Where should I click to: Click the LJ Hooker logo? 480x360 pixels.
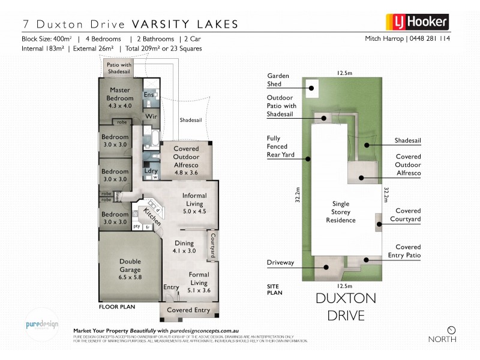pos(420,23)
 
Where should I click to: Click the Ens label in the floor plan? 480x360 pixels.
pos(149,95)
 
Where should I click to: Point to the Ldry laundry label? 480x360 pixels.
pos(151,170)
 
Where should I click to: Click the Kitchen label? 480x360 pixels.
pos(152,216)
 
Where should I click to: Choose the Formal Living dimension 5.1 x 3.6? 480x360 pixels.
pos(190,290)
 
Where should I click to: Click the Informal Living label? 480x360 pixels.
pos(194,199)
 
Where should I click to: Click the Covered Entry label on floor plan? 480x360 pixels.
pos(188,310)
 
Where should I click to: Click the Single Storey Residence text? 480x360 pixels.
pos(340,212)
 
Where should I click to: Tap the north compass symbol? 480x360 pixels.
pos(451,329)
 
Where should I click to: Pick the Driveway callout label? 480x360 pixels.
pos(280,262)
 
